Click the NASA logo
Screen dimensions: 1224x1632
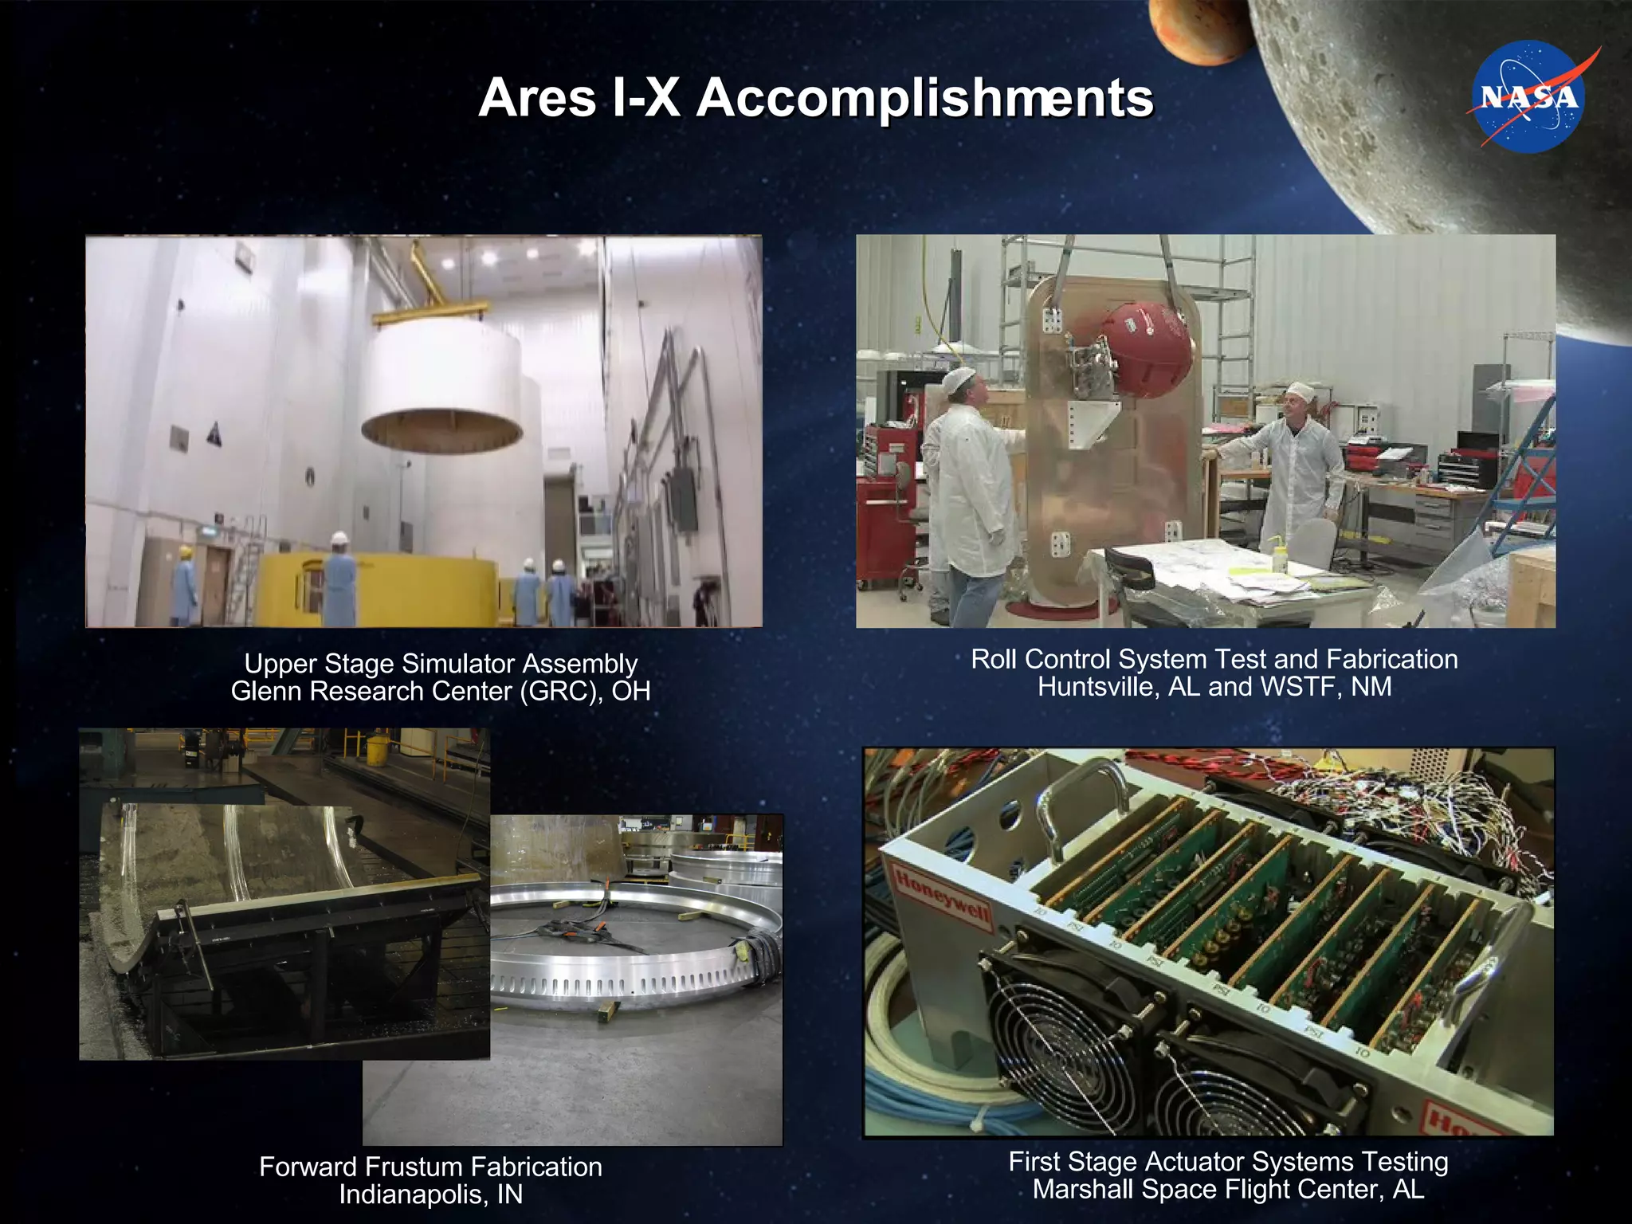pyautogui.click(x=1528, y=96)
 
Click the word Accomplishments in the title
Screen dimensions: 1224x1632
pyautogui.click(x=924, y=98)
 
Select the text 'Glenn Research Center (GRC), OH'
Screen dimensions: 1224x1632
pyautogui.click(x=441, y=691)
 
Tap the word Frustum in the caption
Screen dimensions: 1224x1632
pyautogui.click(x=461, y=1167)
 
